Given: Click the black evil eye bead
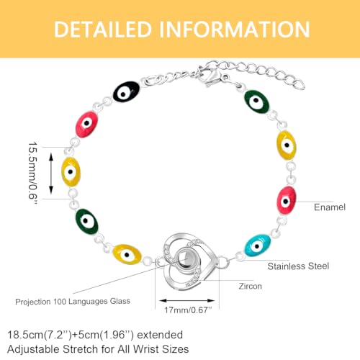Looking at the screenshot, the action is click(126, 91).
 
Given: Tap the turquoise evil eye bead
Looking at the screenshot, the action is click(257, 246).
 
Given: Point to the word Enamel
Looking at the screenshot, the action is click(330, 207).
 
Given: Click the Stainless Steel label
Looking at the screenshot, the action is click(298, 266).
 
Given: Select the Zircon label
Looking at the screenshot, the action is click(250, 287).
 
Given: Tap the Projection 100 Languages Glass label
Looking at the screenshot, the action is click(73, 302).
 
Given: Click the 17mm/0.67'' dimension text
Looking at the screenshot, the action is click(188, 310).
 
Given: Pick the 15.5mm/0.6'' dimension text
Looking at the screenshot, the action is click(33, 173).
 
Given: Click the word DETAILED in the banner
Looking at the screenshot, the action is click(103, 30).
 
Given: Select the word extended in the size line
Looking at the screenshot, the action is click(160, 335).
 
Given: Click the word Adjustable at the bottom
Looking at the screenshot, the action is click(33, 349).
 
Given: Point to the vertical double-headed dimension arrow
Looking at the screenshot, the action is click(51, 174).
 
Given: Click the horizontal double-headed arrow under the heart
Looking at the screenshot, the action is click(187, 300).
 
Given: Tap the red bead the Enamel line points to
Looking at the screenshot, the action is click(286, 200).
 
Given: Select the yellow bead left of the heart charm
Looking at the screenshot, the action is click(127, 254).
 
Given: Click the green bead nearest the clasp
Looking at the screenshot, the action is click(256, 102).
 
